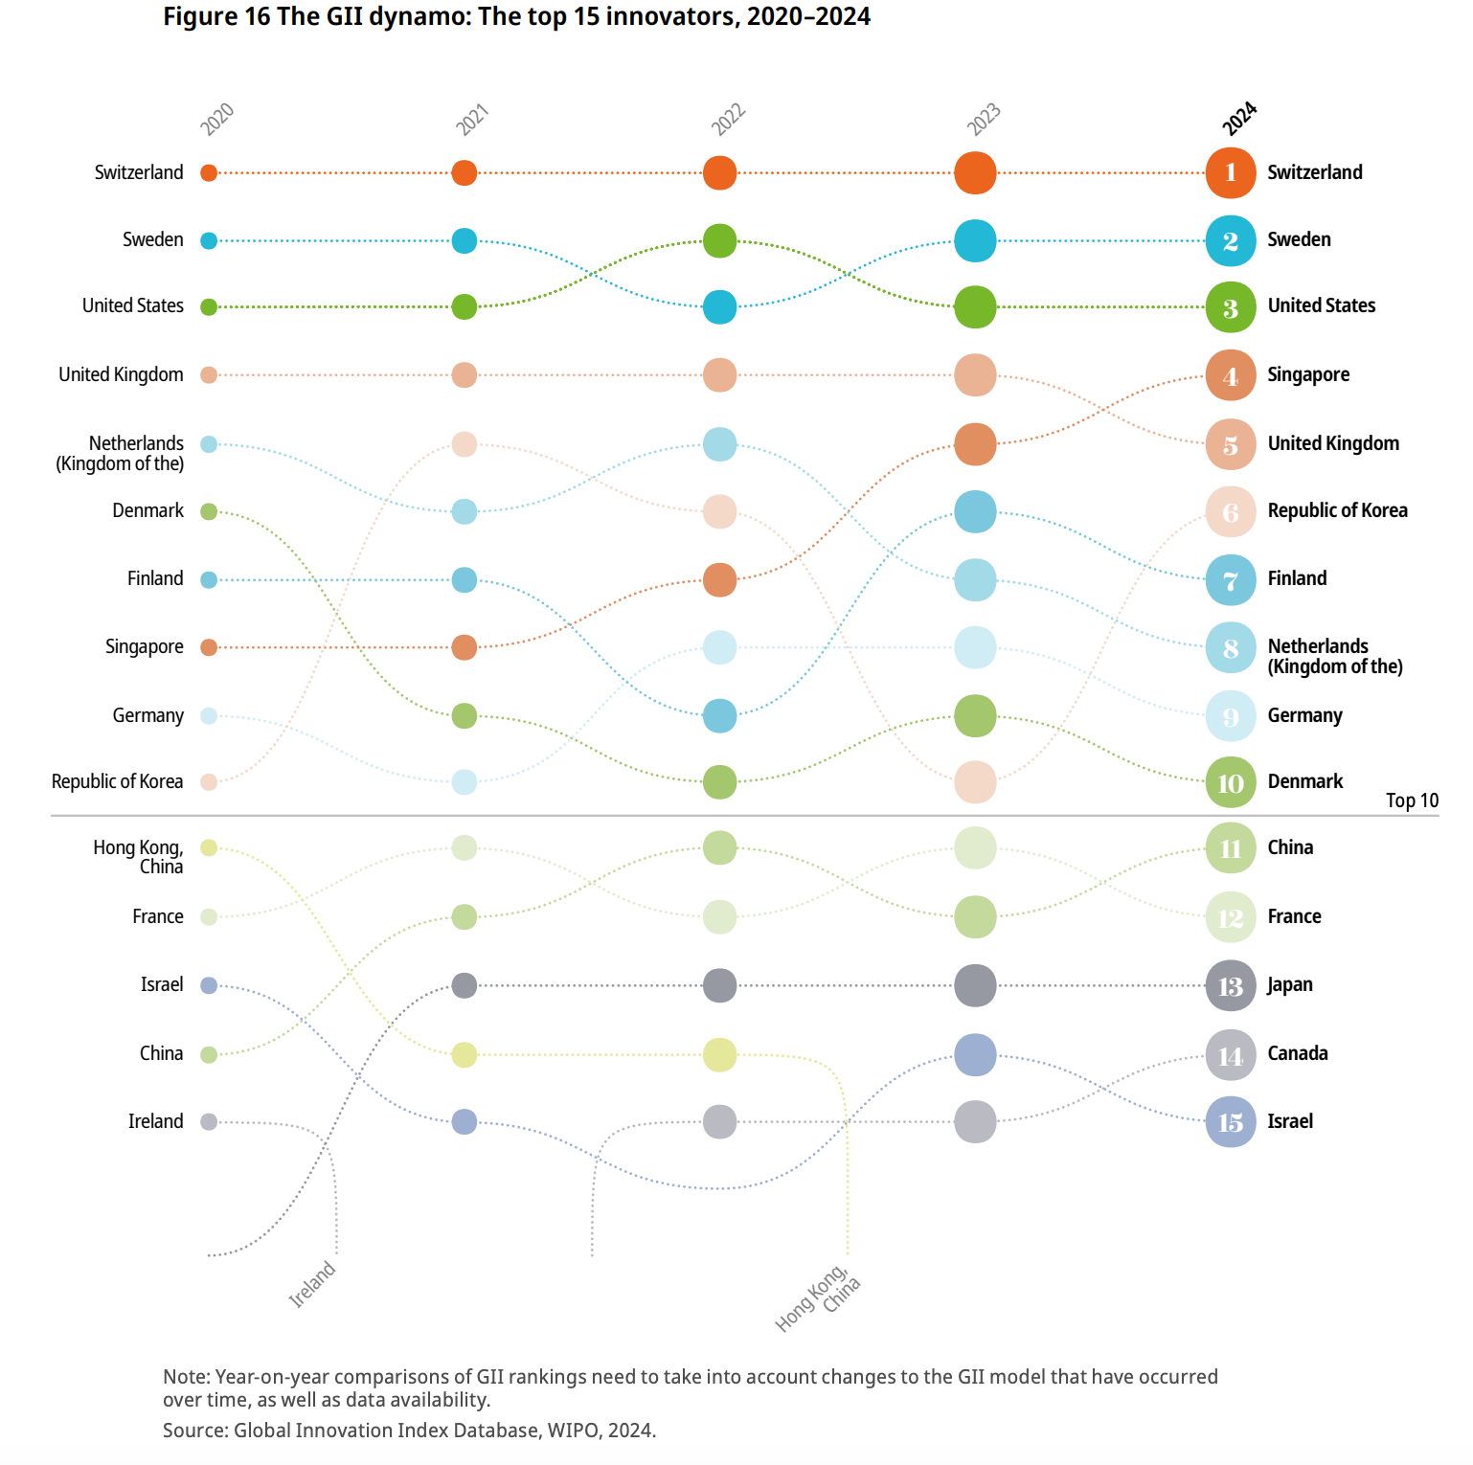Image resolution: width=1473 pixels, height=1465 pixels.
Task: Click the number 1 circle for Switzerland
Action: (x=1230, y=173)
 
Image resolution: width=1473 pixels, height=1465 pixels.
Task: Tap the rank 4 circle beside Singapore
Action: (x=1230, y=375)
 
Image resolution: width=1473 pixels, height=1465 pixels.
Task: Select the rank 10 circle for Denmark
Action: (x=1230, y=782)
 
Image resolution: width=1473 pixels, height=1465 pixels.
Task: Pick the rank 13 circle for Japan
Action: (x=1230, y=985)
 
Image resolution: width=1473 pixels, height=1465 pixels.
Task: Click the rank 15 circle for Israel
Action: (x=1230, y=1121)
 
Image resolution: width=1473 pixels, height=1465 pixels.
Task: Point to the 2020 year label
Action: (x=216, y=120)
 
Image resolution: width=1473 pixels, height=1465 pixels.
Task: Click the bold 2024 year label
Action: (x=1239, y=119)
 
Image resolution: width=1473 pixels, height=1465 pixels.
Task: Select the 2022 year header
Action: (x=728, y=120)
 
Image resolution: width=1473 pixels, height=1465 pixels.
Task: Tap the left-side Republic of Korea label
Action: (x=117, y=781)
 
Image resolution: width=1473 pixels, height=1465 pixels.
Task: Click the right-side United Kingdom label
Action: (x=1333, y=443)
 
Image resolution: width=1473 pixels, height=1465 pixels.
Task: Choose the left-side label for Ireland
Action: (x=155, y=1121)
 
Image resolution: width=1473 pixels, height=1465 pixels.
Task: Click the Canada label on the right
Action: (x=1298, y=1053)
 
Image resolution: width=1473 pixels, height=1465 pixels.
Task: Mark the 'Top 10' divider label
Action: (x=1412, y=800)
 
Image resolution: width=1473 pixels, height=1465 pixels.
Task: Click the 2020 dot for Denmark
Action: (x=209, y=511)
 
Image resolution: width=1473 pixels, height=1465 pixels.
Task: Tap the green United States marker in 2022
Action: (x=719, y=240)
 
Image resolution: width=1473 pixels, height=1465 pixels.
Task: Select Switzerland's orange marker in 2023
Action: (x=975, y=173)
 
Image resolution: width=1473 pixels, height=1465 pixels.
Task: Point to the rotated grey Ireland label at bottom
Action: (x=312, y=1284)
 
